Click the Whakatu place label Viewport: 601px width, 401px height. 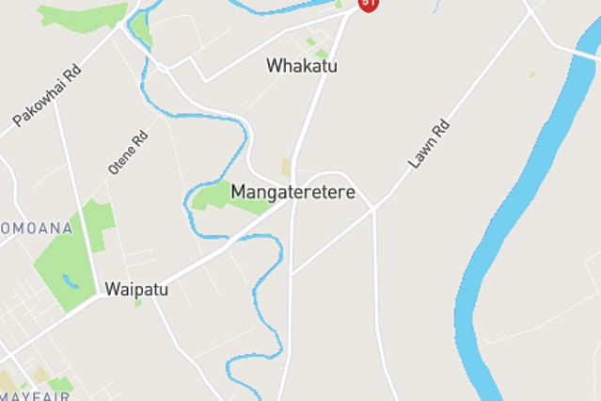[301, 66]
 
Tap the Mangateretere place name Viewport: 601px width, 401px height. [293, 192]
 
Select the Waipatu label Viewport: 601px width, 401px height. [136, 289]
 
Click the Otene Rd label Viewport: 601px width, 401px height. [128, 152]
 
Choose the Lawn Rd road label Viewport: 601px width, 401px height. [429, 144]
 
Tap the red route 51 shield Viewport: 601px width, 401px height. [369, 4]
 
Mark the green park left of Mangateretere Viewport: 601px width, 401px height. [218, 197]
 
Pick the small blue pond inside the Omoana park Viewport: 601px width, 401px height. [71, 281]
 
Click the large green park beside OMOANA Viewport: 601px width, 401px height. [75, 254]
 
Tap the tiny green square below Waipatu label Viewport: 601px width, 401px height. [138, 303]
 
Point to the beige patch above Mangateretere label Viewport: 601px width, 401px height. [286, 168]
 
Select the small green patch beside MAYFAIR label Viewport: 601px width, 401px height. [60, 384]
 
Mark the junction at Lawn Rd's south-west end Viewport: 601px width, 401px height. [373, 206]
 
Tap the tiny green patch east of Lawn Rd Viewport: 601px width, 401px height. [532, 73]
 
